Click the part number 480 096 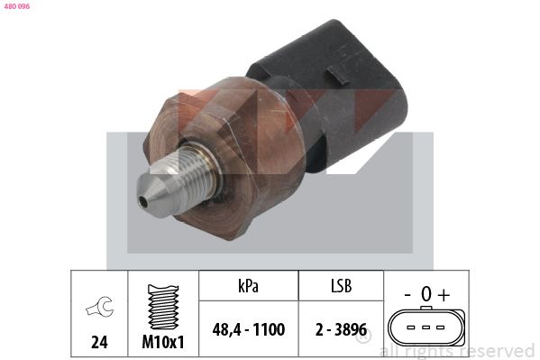17,6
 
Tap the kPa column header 248,286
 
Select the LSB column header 342,286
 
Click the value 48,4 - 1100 249,329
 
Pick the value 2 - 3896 342,329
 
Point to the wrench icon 99,306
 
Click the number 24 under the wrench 99,342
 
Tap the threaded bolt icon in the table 163,307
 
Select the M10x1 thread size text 163,342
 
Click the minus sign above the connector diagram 407,295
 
